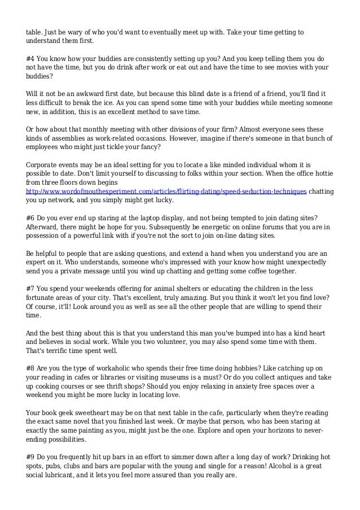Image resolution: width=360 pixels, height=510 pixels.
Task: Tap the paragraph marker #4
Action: [31, 58]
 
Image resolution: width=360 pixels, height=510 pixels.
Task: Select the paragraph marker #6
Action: [31, 217]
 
